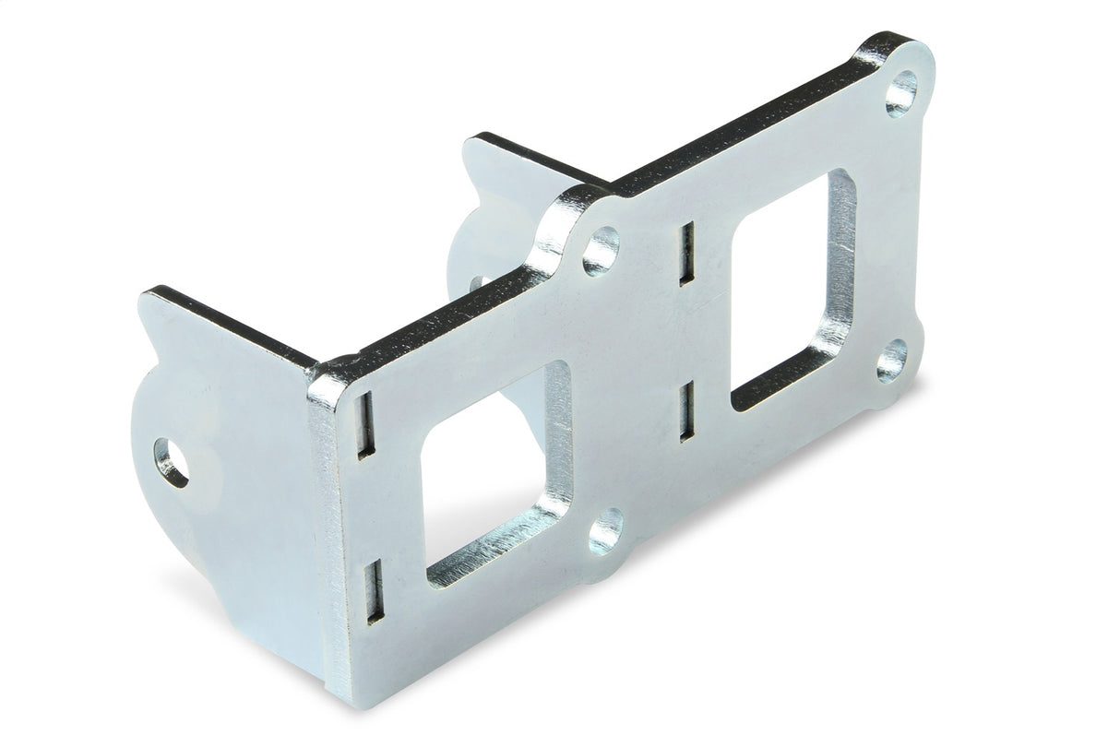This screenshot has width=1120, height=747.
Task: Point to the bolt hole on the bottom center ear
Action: (605, 532)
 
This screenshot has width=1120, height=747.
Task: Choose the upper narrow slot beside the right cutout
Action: (686, 254)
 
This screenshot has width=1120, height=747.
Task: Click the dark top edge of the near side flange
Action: (231, 323)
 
